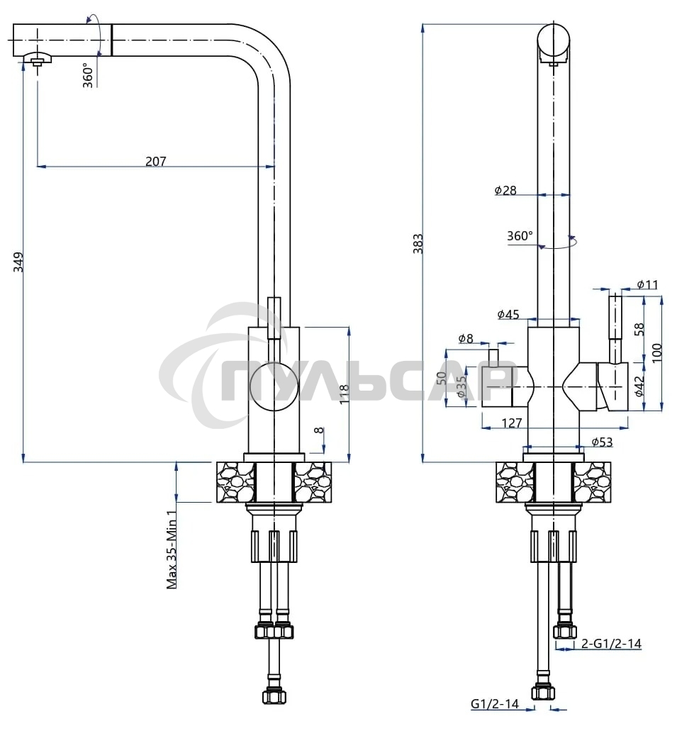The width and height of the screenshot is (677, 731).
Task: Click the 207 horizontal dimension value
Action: (x=155, y=161)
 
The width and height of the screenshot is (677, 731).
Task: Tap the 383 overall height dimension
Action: (x=418, y=243)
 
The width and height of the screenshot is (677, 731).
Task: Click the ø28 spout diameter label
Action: (x=505, y=189)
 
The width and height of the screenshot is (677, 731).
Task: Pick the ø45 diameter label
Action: (x=508, y=314)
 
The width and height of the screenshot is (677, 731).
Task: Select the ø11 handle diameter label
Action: (x=647, y=284)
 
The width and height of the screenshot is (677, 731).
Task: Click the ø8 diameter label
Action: (x=465, y=338)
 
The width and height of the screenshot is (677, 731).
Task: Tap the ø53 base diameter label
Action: (x=602, y=442)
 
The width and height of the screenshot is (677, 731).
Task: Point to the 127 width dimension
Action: (x=511, y=423)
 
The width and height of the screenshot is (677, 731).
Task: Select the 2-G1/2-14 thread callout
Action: (x=611, y=644)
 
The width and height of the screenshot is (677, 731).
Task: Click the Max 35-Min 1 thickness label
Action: (x=172, y=549)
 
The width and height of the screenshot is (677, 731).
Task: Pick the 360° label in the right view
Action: (x=520, y=236)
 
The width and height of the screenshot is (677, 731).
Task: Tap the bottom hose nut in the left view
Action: (x=274, y=696)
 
